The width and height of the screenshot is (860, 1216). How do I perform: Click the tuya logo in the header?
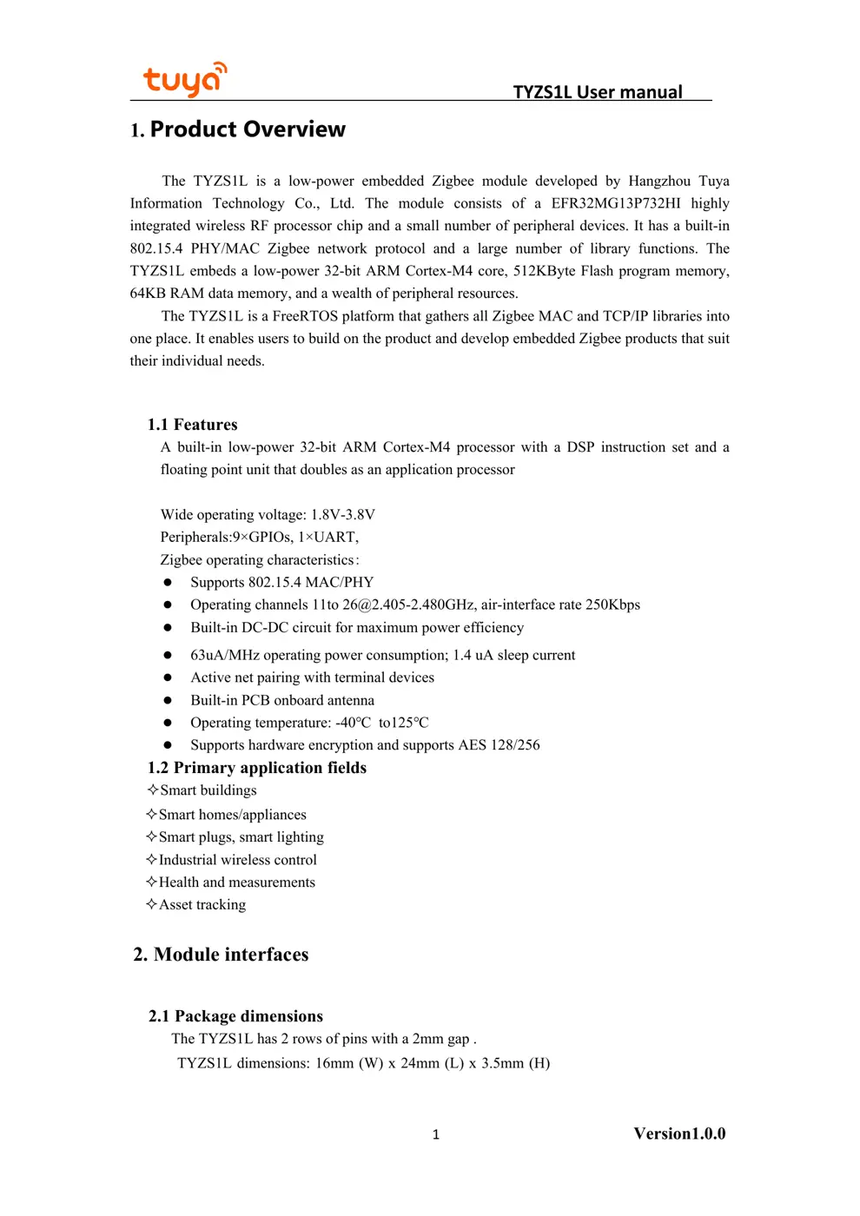tap(184, 80)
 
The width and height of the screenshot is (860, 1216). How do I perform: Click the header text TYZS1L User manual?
tap(598, 92)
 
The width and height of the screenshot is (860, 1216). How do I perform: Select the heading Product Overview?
tap(248, 129)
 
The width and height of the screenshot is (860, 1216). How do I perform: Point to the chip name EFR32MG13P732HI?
tap(615, 203)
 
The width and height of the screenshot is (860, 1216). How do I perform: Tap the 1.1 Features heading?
tap(192, 425)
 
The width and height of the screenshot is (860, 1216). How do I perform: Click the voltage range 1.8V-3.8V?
tap(343, 515)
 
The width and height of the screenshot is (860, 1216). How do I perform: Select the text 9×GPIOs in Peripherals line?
tap(262, 538)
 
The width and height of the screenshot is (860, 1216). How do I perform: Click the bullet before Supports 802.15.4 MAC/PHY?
tap(168, 583)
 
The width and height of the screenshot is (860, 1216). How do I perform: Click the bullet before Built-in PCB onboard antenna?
tap(168, 701)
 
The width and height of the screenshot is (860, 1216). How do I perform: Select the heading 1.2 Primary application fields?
tap(257, 768)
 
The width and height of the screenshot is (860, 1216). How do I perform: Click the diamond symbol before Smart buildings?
tap(153, 790)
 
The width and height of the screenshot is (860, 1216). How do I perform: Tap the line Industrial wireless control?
tap(237, 860)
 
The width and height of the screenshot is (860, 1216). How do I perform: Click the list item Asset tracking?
tap(202, 905)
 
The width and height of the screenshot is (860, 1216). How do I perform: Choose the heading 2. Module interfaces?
tap(221, 955)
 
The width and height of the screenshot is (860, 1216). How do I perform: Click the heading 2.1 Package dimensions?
tap(235, 1016)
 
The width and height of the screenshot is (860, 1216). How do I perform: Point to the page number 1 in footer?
tap(436, 1134)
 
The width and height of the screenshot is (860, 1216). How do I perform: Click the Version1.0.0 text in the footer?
tap(679, 1133)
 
